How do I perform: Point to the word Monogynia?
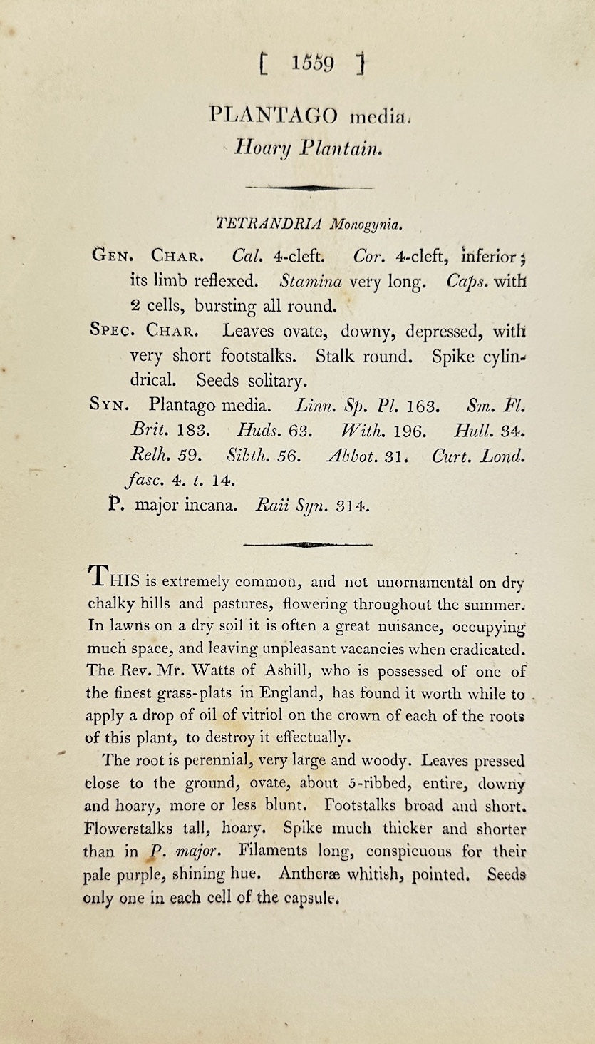[366, 225]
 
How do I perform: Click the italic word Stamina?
[311, 281]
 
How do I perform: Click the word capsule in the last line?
[307, 897]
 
